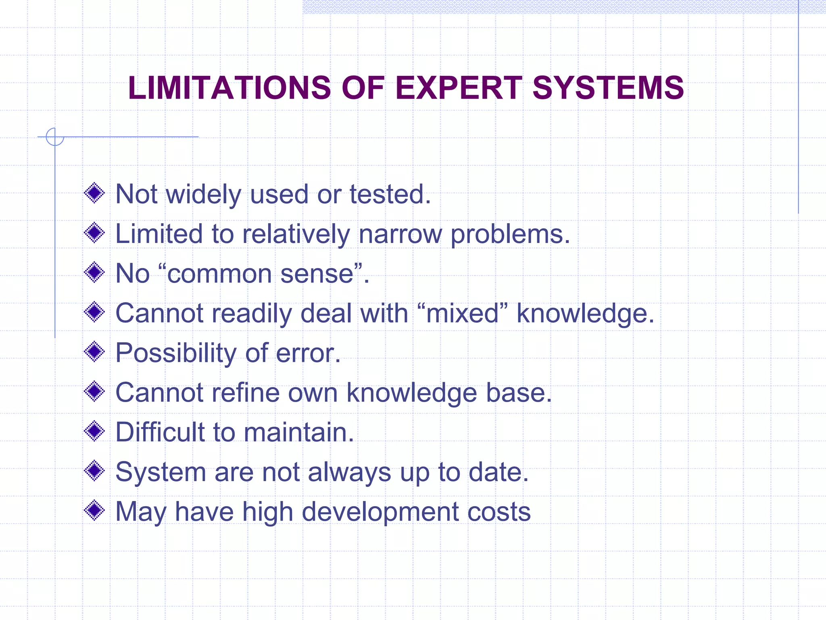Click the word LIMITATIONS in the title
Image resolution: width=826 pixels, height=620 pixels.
tap(229, 88)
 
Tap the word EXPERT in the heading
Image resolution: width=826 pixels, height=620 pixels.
tap(459, 88)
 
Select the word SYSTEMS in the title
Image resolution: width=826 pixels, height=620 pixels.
tap(608, 88)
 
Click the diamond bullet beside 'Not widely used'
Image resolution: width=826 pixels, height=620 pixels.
tap(94, 193)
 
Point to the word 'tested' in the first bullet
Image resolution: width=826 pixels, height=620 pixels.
tap(386, 194)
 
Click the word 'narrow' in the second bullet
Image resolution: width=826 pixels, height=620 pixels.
tap(400, 234)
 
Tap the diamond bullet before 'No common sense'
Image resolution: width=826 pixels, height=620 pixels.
tap(94, 272)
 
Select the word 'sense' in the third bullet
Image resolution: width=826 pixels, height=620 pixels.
tap(317, 274)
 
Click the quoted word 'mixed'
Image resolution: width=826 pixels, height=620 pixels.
tap(463, 313)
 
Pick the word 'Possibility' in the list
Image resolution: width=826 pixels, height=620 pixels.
tap(176, 353)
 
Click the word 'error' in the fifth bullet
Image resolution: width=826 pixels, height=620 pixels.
tap(305, 353)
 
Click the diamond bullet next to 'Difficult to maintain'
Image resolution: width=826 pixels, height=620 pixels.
tap(94, 431)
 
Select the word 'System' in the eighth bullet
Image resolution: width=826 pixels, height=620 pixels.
tap(161, 472)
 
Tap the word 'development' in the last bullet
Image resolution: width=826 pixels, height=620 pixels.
tap(380, 512)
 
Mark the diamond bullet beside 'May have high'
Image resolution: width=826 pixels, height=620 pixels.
tap(94, 511)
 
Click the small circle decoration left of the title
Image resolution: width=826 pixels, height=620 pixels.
tap(55, 136)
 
